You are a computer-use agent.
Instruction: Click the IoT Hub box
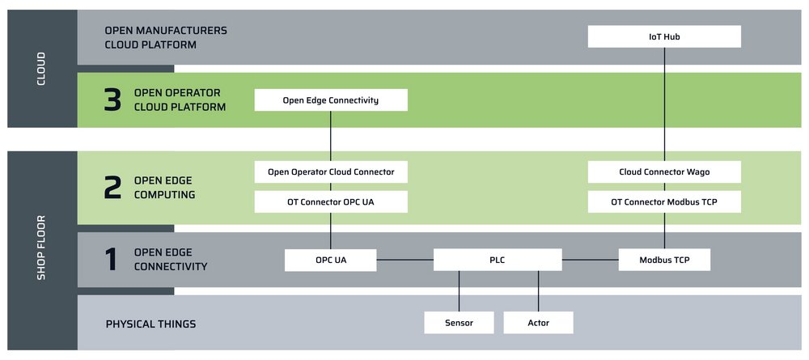[x=664, y=36]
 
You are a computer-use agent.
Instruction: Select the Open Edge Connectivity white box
[x=331, y=100]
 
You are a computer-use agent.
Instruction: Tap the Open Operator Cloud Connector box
[x=331, y=172]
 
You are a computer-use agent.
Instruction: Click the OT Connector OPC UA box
[x=331, y=201]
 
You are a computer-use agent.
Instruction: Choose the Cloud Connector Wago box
[x=664, y=172]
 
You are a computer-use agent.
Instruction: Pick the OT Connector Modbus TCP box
[x=664, y=201]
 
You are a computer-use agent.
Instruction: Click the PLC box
[x=498, y=260]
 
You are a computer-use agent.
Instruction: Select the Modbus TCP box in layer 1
[x=664, y=260]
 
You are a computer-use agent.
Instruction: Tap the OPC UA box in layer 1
[x=331, y=260]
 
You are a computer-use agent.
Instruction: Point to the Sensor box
[x=460, y=323]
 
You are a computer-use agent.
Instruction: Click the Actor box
[x=538, y=323]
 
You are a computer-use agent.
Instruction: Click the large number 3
[x=112, y=100]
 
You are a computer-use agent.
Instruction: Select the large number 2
[x=112, y=188]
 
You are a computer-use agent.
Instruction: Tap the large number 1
[x=112, y=260]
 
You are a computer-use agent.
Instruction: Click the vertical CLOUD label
[x=42, y=69]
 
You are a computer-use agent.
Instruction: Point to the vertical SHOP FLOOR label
[x=42, y=248]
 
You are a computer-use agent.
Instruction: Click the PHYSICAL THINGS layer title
[x=150, y=324]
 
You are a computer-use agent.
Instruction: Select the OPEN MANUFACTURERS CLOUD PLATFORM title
[x=166, y=38]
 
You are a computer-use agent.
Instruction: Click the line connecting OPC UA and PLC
[x=405, y=260]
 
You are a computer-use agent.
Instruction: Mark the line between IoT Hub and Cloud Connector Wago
[x=664, y=104]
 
